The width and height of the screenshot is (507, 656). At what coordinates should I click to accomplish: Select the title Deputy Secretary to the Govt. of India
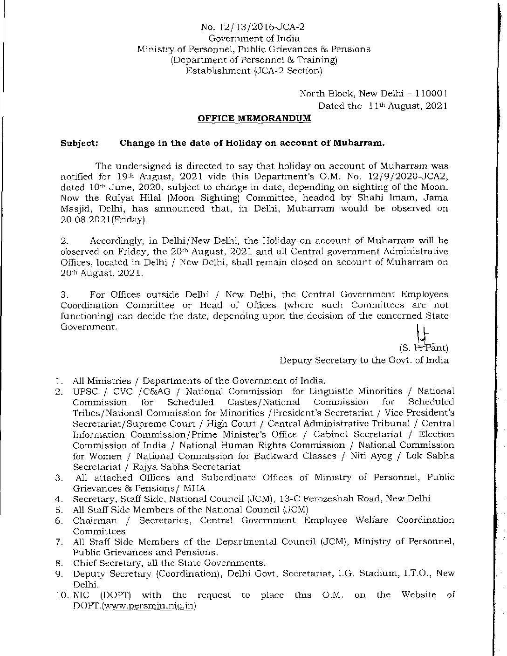[x=364, y=360]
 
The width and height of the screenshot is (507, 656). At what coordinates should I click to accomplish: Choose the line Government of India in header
[x=253, y=38]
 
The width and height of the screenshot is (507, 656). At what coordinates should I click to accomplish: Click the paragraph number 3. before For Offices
[x=65, y=294]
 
